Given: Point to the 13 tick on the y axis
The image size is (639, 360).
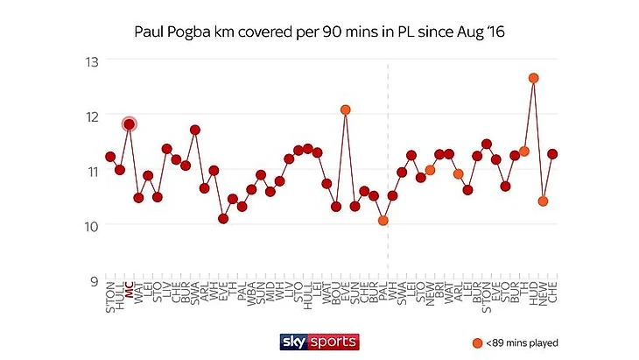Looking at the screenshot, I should (90, 61).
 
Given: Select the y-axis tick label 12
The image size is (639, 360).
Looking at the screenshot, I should (90, 116).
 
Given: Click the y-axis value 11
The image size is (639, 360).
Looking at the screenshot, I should (90, 171).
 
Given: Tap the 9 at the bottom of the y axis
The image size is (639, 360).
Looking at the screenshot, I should (94, 281).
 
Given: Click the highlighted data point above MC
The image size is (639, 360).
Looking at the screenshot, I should (129, 124).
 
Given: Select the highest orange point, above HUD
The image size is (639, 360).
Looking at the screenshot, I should (533, 78).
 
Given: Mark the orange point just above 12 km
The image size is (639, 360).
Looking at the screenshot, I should (345, 110).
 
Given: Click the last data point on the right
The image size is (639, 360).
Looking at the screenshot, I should (552, 153).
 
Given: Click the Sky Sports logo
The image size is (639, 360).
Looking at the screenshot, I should (319, 341).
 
